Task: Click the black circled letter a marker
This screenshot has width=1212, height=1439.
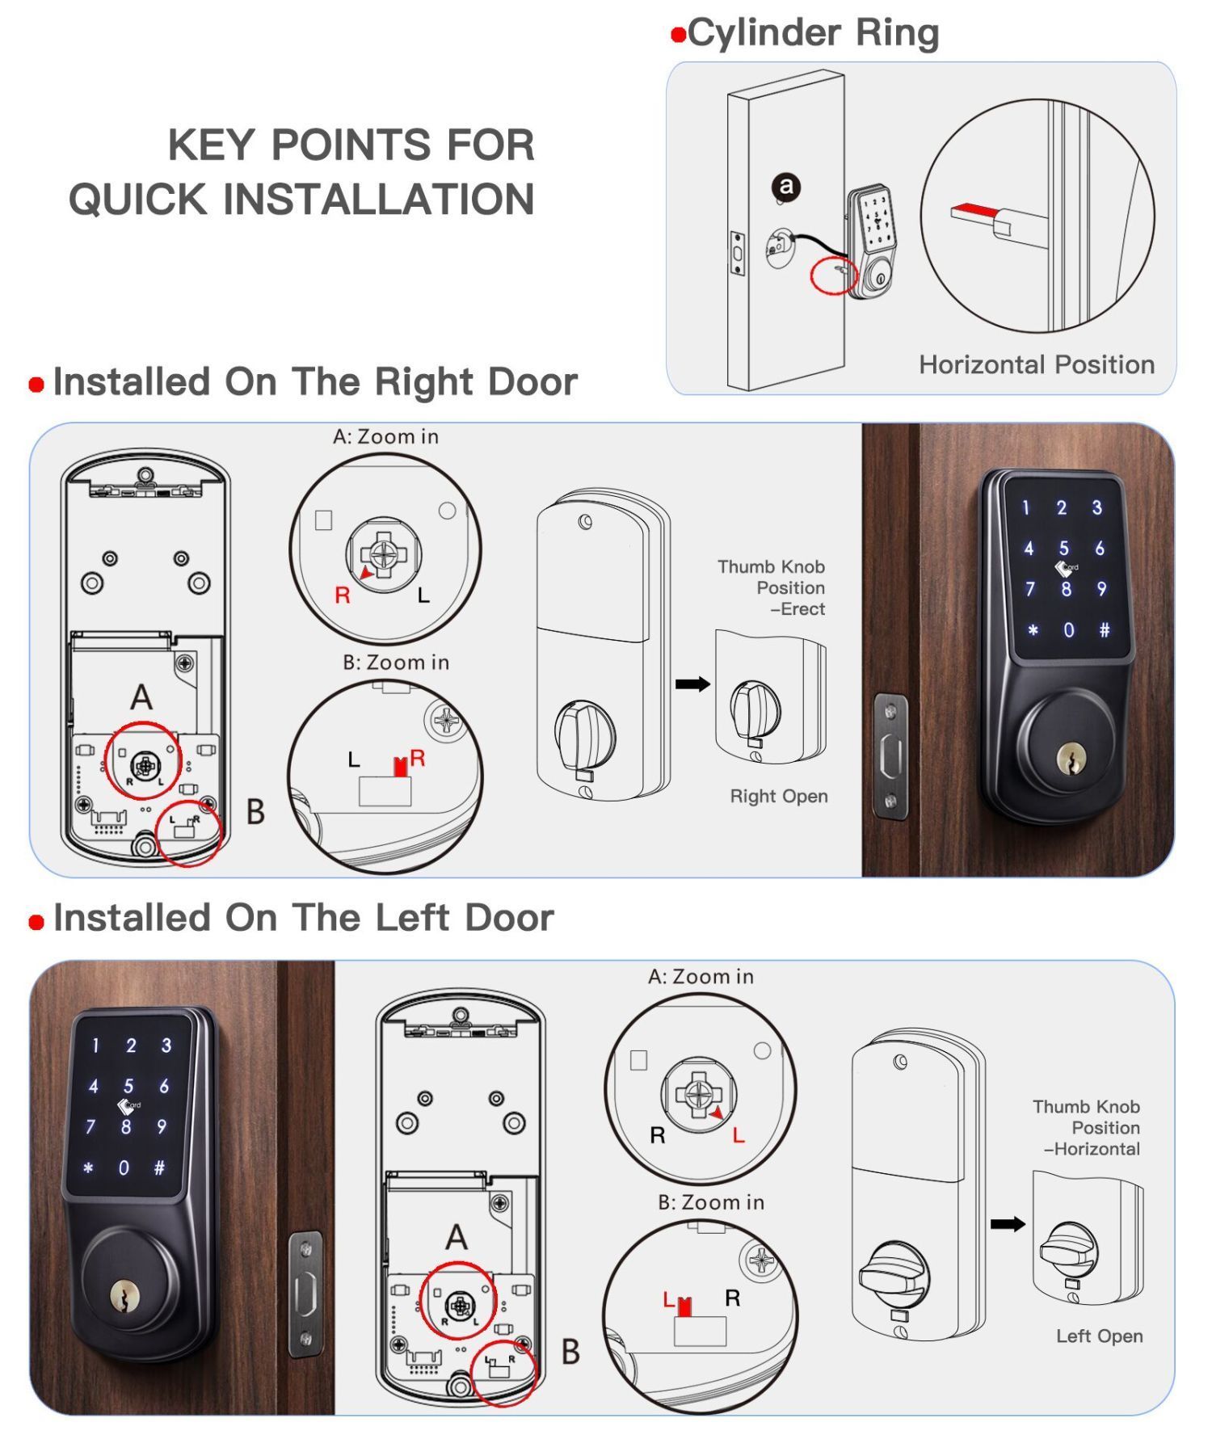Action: (x=785, y=187)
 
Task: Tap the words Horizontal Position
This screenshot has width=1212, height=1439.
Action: (x=1037, y=364)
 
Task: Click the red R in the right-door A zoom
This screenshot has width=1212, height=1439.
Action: (x=343, y=595)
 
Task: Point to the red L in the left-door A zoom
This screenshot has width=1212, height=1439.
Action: (x=738, y=1135)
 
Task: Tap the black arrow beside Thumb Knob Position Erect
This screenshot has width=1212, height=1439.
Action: (x=692, y=684)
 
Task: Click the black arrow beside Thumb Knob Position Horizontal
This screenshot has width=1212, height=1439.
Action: (x=1008, y=1223)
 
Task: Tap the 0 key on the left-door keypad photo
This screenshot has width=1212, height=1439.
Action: (x=124, y=1167)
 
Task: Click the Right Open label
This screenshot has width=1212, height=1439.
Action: (x=779, y=796)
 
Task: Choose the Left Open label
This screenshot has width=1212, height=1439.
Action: (x=1099, y=1336)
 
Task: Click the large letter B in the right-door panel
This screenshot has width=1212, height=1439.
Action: (x=255, y=811)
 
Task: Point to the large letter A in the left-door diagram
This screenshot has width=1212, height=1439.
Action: (x=457, y=1236)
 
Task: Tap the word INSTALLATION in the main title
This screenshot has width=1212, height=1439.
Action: (x=378, y=199)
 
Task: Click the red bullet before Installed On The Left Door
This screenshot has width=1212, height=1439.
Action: (x=36, y=922)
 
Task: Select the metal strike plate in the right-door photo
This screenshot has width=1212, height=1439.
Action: (x=890, y=756)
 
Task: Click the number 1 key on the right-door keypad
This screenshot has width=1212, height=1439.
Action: (x=1025, y=507)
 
